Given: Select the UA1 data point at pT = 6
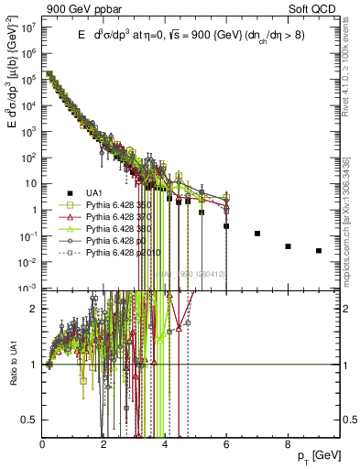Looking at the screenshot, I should click(226, 225).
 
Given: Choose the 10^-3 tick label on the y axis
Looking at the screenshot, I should click(27, 288).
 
